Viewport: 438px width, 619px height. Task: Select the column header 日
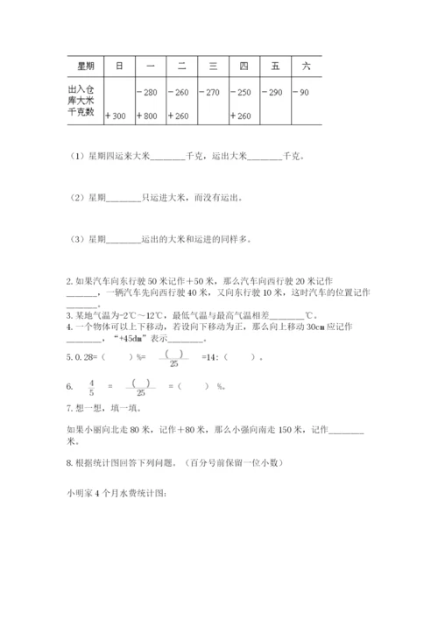pyautogui.click(x=118, y=65)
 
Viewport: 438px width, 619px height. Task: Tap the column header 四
pyautogui.click(x=243, y=65)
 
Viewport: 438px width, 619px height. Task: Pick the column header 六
pyautogui.click(x=305, y=65)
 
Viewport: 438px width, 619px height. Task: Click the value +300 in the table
pyautogui.click(x=116, y=116)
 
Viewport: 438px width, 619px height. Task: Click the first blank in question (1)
pyautogui.click(x=168, y=158)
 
